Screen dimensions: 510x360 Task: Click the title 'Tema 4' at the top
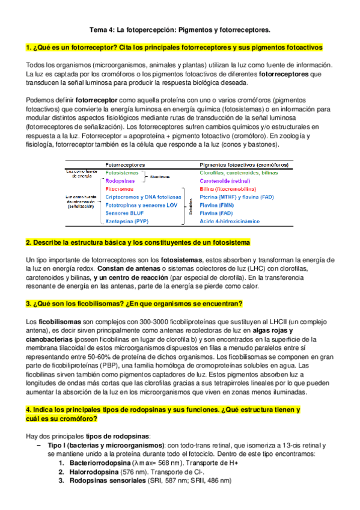(180, 28)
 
